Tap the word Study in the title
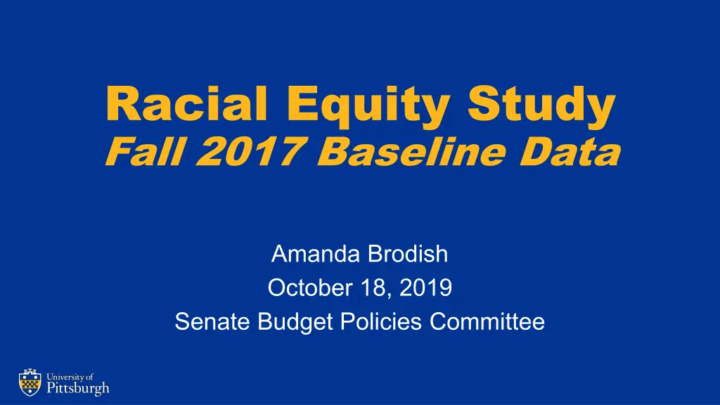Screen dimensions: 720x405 click(541, 106)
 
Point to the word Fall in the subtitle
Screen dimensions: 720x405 click(146, 152)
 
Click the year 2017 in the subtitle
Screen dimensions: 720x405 click(250, 152)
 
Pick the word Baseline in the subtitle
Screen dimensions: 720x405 click(411, 152)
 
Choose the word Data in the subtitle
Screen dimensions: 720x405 click(570, 152)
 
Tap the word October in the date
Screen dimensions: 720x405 click(310, 288)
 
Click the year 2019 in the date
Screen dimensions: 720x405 click(425, 288)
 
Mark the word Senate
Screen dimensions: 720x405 click(212, 321)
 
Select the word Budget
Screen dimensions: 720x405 click(295, 322)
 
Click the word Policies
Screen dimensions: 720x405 click(380, 321)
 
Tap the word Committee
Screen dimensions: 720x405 click(487, 321)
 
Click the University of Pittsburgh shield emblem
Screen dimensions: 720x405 click(30, 382)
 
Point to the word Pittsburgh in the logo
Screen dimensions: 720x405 click(78, 388)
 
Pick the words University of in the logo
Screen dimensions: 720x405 click(70, 377)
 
